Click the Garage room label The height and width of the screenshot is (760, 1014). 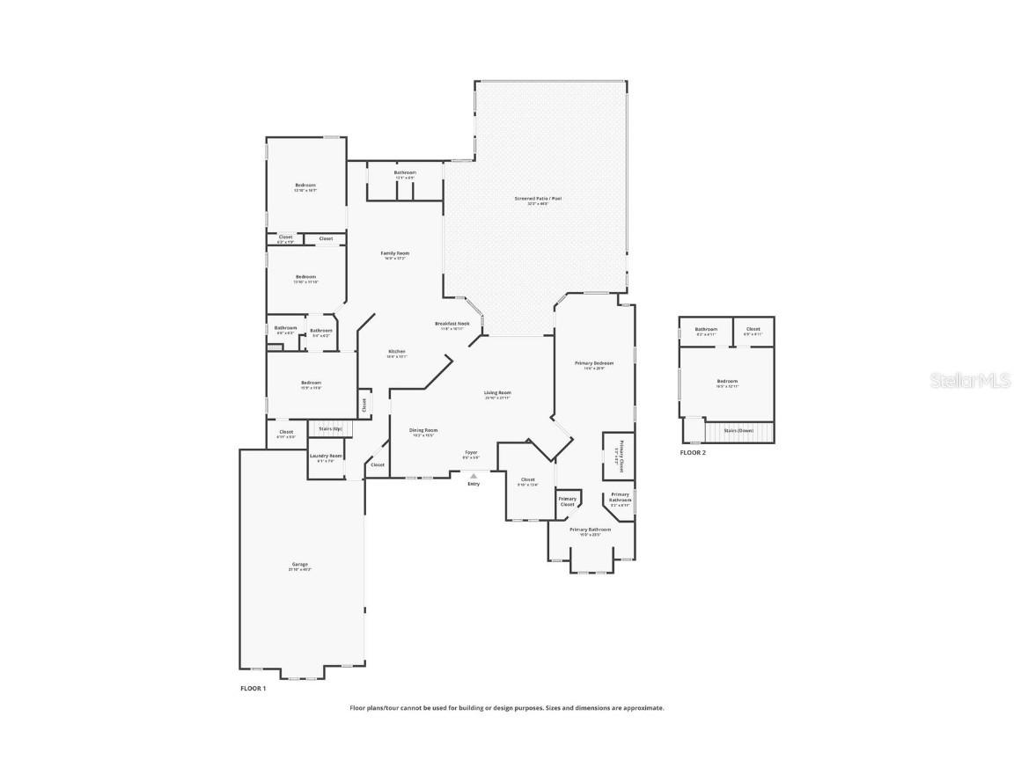click(x=300, y=564)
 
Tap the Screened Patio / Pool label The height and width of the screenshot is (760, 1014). click(x=538, y=199)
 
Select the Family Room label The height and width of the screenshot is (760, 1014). click(x=395, y=253)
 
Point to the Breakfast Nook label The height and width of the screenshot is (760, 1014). click(x=452, y=324)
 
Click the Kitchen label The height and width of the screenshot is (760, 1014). click(x=397, y=351)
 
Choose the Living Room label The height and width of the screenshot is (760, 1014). click(x=497, y=392)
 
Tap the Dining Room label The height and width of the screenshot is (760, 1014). click(x=423, y=430)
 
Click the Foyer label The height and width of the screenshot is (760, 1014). click(x=472, y=452)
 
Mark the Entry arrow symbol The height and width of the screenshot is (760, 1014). click(x=474, y=476)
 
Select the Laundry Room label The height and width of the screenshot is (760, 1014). click(x=326, y=456)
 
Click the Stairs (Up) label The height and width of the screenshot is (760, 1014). click(x=331, y=428)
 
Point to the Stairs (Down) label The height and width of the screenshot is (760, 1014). click(x=738, y=430)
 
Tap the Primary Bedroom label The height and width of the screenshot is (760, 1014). click(x=594, y=362)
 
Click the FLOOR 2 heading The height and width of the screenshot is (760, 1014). click(x=693, y=452)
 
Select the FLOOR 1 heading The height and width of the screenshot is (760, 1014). click(x=253, y=689)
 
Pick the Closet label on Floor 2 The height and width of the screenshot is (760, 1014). click(x=753, y=329)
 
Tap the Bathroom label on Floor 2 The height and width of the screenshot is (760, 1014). click(x=706, y=329)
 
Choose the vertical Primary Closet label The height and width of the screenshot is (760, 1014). click(x=621, y=456)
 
